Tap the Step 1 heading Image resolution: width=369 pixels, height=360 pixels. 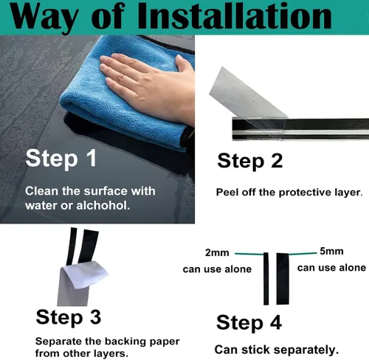click(x=61, y=159)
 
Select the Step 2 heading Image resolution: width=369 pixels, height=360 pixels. click(x=250, y=162)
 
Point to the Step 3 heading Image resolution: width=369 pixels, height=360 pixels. click(x=69, y=318)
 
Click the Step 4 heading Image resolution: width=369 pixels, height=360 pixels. click(x=249, y=323)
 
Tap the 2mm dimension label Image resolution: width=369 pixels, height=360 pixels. click(x=217, y=253)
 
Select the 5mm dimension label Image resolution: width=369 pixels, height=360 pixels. click(x=331, y=252)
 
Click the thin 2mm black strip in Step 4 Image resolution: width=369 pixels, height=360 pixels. click(x=266, y=279)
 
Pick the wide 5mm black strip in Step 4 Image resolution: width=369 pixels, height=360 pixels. click(x=283, y=279)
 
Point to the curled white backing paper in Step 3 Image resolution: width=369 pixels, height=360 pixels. click(x=86, y=275)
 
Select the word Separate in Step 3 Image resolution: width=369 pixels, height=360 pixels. click(x=58, y=342)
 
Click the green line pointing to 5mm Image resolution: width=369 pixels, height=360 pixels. click(x=303, y=254)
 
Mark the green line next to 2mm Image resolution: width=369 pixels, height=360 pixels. click(x=249, y=254)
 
